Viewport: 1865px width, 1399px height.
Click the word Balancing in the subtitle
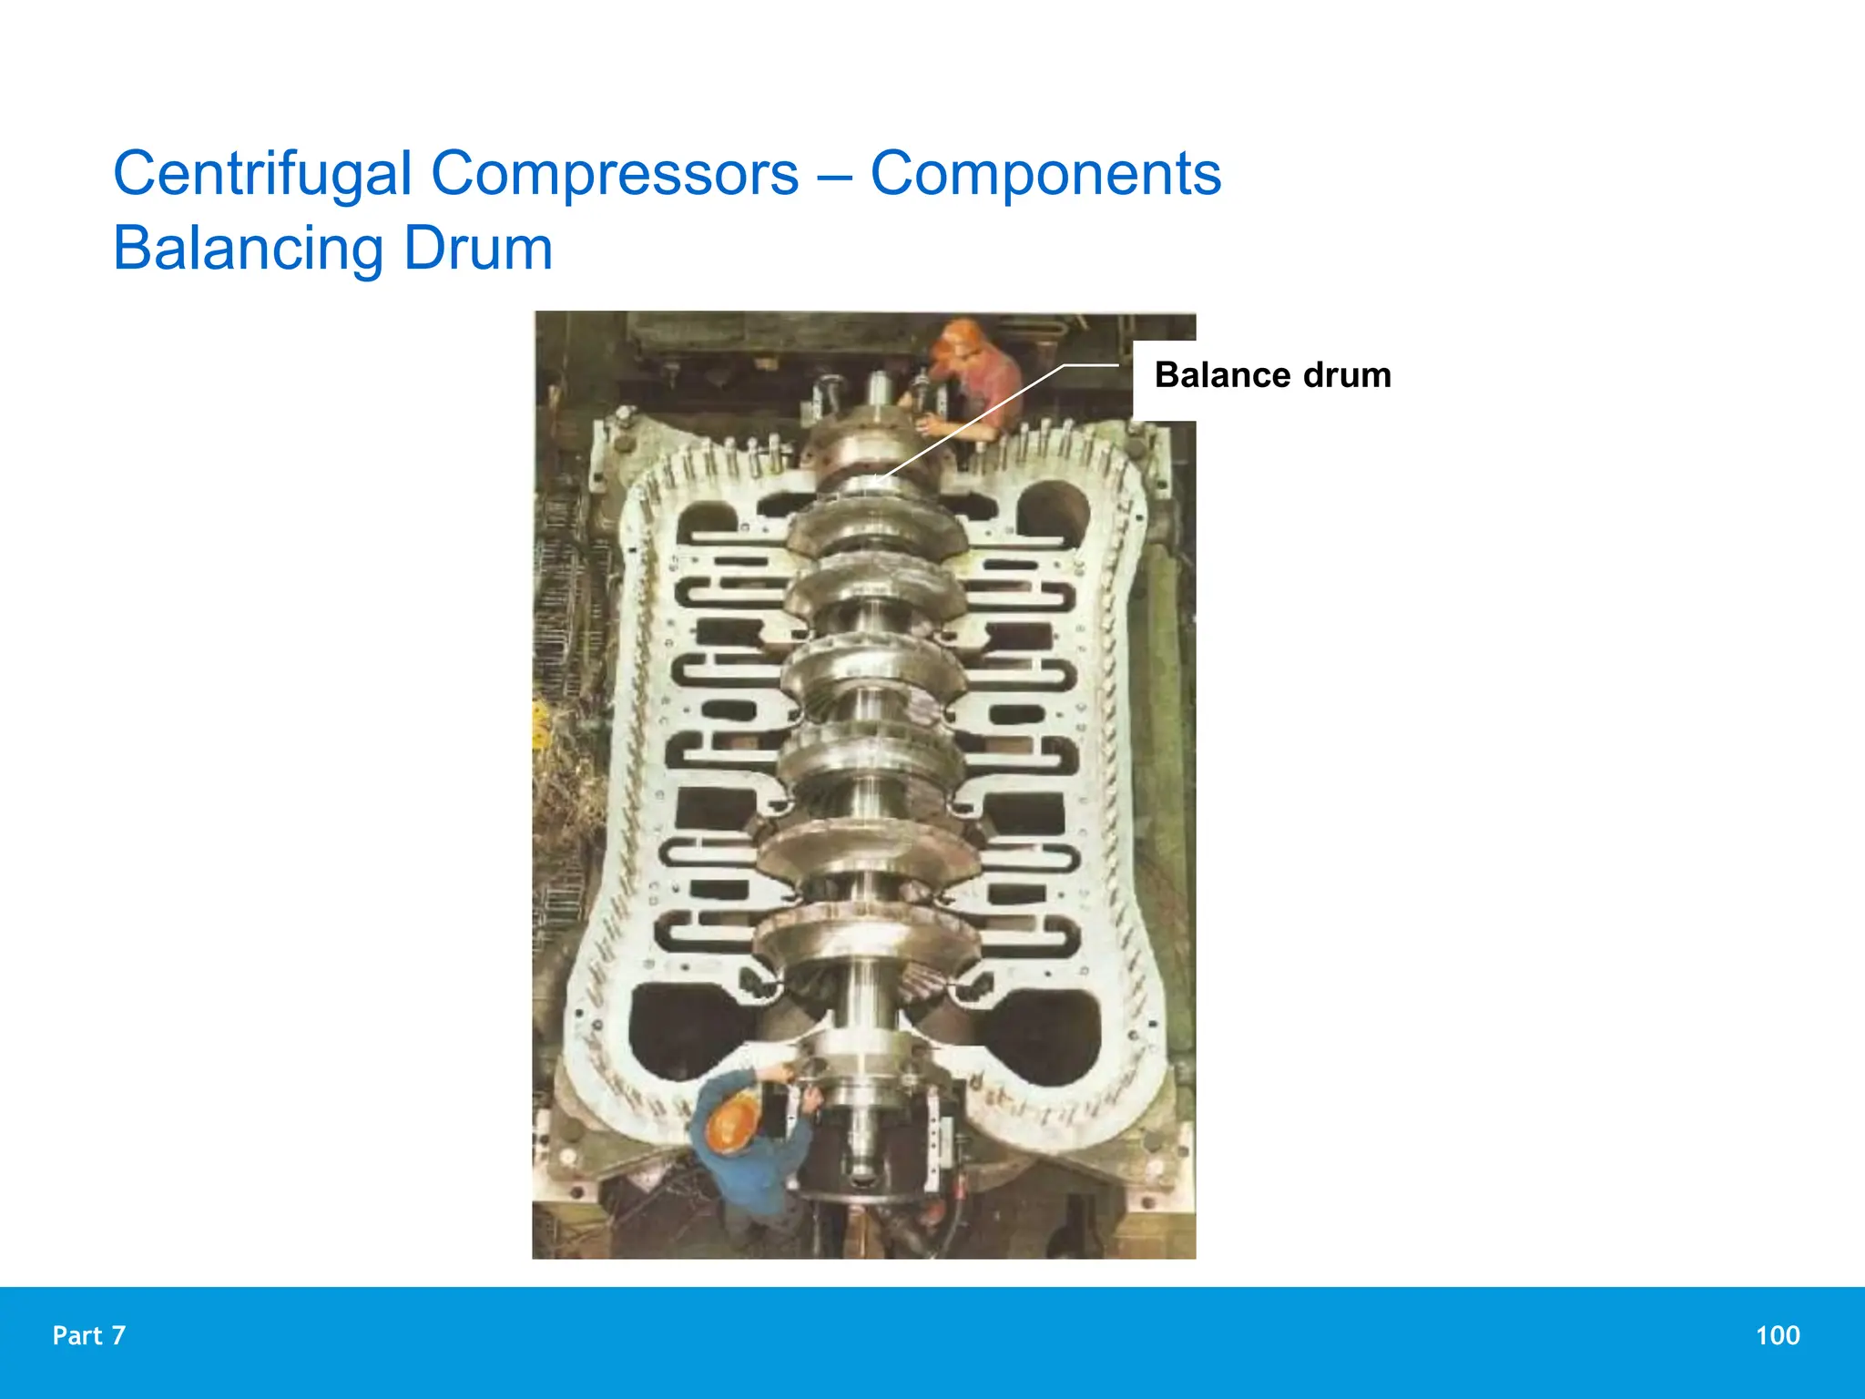[x=249, y=248]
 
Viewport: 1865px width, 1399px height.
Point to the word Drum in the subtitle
[x=478, y=248]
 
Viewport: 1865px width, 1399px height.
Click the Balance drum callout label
[x=1272, y=375]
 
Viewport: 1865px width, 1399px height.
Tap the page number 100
[x=1778, y=1335]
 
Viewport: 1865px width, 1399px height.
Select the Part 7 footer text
[x=89, y=1335]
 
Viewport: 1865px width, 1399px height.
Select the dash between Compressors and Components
[x=834, y=175]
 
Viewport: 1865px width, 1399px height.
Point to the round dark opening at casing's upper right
[x=1052, y=510]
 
